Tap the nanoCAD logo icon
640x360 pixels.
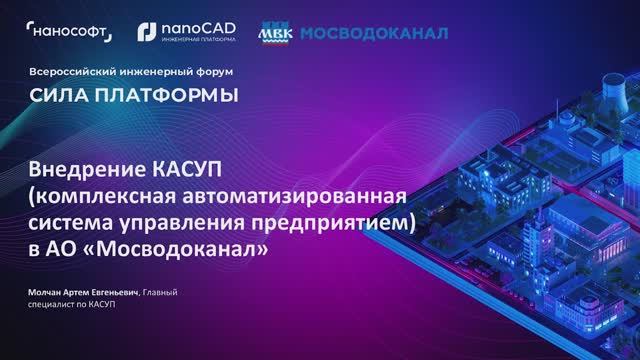point(146,33)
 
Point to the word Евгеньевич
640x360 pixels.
point(113,292)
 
